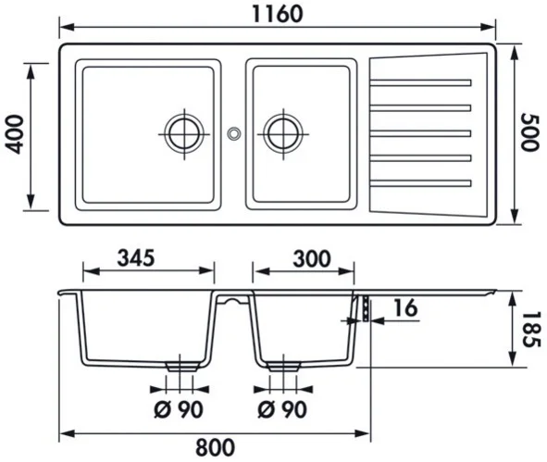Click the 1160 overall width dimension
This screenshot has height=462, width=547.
click(276, 14)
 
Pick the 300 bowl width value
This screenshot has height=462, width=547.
click(305, 258)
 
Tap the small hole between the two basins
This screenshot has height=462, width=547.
click(233, 133)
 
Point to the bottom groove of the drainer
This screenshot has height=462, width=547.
click(421, 181)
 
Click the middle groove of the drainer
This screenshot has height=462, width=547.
click(421, 133)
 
